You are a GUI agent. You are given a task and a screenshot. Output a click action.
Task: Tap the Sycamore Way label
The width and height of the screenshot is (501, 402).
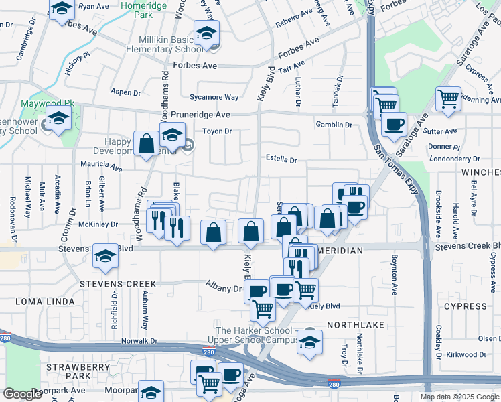tap(214, 97)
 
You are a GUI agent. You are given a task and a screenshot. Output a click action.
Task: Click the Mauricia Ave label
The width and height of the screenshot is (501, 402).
tap(102, 169)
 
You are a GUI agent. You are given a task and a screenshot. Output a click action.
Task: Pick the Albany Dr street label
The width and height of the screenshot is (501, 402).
tap(223, 288)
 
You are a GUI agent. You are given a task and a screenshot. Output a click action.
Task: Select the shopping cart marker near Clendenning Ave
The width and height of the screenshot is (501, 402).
tap(448, 98)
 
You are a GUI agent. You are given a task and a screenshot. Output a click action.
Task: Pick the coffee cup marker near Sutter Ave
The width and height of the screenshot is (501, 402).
tap(394, 124)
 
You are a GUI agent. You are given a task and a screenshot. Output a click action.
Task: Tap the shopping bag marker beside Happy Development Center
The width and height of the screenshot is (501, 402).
tap(146, 143)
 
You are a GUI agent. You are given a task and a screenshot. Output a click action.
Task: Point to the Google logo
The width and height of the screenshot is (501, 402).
tap(23, 394)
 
